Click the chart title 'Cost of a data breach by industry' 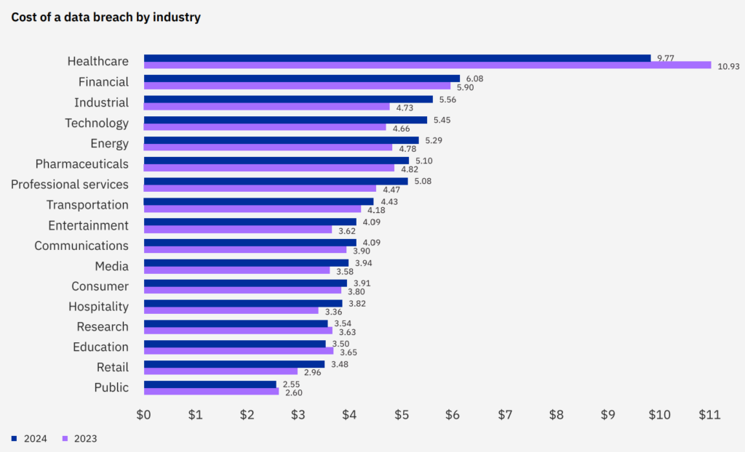(105, 17)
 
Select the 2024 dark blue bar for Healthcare (397, 58)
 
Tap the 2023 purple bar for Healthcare (427, 65)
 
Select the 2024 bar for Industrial (288, 99)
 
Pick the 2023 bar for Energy (268, 148)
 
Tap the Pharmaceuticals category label (82, 164)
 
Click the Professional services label (70, 184)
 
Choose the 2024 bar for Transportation (258, 201)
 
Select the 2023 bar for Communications (245, 250)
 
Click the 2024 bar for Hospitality (243, 303)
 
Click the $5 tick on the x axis (401, 415)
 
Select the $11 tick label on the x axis (709, 415)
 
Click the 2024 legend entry (29, 438)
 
